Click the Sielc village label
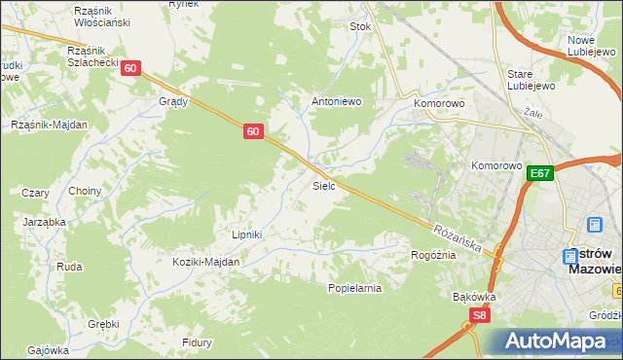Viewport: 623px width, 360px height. click(324, 185)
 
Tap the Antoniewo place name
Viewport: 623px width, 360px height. click(336, 100)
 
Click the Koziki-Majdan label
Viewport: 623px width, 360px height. click(205, 262)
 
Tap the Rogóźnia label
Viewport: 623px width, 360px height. click(433, 255)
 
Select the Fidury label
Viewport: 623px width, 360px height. click(197, 342)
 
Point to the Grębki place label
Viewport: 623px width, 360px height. click(102, 324)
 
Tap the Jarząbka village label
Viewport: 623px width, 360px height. click(44, 222)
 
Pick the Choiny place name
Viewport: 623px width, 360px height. click(85, 192)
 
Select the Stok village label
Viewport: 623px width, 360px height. click(361, 27)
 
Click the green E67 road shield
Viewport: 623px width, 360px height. click(541, 173)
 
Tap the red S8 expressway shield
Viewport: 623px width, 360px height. click(478, 315)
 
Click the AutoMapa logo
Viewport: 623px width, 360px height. click(554, 342)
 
